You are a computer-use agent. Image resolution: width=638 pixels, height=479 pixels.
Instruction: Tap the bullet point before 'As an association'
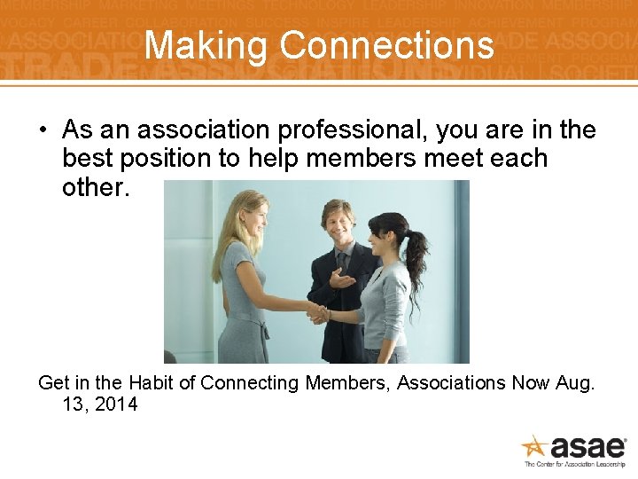tap(43, 130)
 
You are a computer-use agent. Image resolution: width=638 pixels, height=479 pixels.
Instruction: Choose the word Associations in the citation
tap(450, 383)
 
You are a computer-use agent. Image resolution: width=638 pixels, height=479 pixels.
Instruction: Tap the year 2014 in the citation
tap(115, 404)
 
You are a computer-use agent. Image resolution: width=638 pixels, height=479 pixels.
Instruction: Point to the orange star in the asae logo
tap(534, 445)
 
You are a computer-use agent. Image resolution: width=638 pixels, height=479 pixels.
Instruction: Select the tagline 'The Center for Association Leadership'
tap(574, 464)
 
